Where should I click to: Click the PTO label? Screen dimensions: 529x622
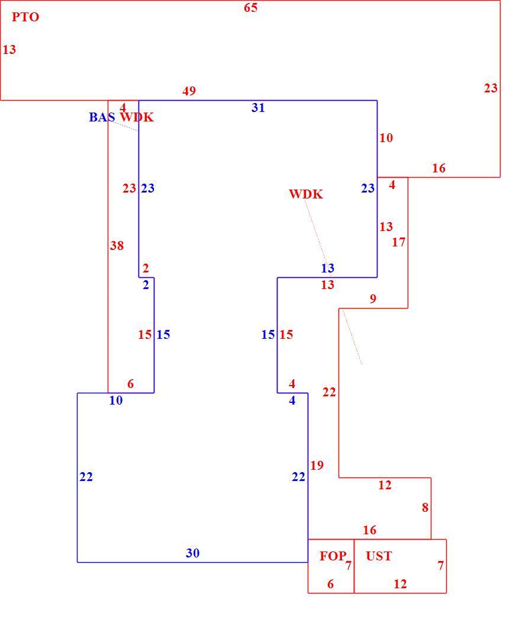(25, 17)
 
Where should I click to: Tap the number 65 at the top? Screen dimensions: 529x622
(250, 8)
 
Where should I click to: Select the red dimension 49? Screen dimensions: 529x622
(189, 91)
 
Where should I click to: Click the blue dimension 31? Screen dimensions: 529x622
(258, 107)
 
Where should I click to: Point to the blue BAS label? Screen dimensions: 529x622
(102, 117)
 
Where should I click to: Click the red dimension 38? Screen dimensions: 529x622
(117, 246)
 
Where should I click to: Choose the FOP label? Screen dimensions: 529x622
(333, 556)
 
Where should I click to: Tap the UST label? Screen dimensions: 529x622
(379, 556)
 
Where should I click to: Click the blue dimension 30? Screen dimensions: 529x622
(192, 553)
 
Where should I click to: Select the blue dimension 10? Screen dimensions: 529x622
(116, 400)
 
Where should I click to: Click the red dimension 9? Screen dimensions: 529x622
(373, 299)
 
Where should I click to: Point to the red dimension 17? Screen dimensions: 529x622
(399, 242)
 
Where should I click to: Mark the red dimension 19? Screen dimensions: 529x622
(317, 465)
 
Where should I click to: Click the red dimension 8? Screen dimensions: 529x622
(425, 507)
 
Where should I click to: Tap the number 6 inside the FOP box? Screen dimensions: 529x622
(330, 584)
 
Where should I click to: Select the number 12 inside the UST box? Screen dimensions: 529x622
(400, 584)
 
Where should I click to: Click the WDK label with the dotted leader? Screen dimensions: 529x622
(306, 194)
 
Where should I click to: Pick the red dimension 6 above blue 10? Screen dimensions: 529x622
(130, 384)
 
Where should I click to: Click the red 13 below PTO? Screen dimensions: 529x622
(9, 50)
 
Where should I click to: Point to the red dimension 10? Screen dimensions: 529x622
(386, 137)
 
